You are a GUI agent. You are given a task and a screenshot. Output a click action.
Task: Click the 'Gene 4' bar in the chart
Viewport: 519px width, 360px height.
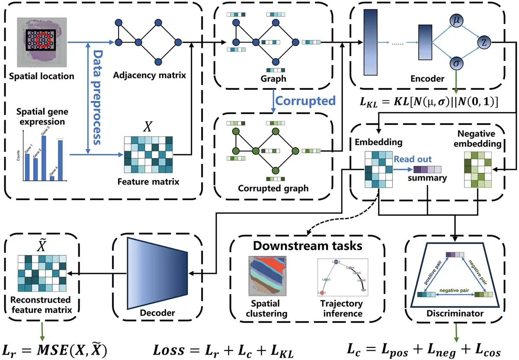(x=52, y=177)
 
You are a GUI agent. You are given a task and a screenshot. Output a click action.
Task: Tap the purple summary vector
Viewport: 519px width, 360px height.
(x=427, y=169)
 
